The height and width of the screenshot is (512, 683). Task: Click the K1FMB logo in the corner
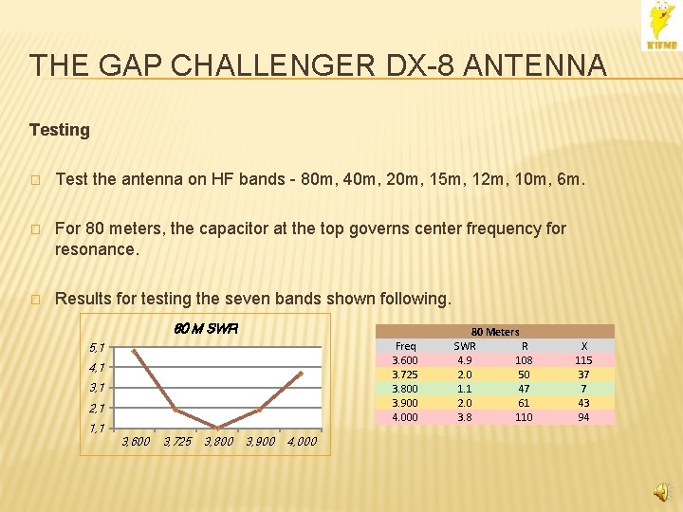point(661,26)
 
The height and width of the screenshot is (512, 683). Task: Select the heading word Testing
point(60,130)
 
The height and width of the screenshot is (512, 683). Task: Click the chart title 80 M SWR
point(206,329)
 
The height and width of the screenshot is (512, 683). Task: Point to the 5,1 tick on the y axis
point(97,347)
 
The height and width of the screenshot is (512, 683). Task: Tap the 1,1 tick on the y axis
point(97,428)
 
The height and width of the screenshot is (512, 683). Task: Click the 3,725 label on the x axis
point(177,441)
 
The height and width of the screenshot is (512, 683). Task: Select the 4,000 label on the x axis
point(302,441)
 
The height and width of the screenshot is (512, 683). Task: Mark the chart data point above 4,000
point(300,374)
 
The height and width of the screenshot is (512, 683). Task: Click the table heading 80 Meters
point(495,332)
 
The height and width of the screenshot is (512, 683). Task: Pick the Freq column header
point(405,346)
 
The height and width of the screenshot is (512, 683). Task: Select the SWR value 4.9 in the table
point(465,360)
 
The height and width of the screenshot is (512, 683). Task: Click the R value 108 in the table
point(524,360)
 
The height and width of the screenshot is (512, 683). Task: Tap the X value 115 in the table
point(583,360)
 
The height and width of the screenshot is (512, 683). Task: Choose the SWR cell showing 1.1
point(465,389)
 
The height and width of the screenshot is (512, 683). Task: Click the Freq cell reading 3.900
point(405,403)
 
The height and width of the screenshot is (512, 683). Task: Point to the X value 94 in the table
point(583,417)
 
